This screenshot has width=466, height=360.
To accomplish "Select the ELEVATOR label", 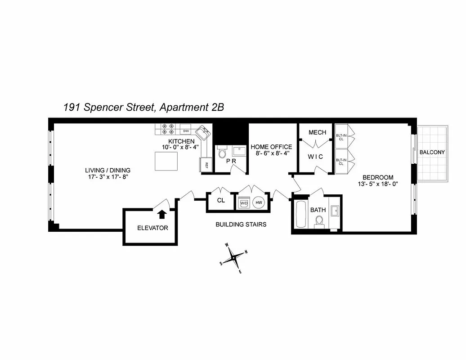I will [152, 228].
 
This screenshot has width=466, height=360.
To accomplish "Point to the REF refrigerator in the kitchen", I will [206, 165].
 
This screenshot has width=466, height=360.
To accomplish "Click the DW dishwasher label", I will [186, 131].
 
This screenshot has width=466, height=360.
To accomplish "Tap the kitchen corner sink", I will [204, 134].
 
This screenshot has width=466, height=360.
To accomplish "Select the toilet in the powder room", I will [222, 153].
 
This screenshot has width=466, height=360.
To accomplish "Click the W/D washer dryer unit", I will [244, 203].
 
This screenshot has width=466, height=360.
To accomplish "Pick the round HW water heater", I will [259, 203].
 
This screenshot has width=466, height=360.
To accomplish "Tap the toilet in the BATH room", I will [319, 221].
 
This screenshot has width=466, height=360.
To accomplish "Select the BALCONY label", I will [432, 152].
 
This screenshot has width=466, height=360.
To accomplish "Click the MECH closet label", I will [317, 132].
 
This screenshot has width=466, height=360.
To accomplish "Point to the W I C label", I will [317, 157].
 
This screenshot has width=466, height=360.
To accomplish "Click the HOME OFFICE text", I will [271, 147].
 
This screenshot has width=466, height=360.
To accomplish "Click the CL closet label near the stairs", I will [221, 201].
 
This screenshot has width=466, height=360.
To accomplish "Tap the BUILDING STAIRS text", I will [241, 224].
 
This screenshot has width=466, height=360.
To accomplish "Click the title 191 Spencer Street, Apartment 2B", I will [143, 107].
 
